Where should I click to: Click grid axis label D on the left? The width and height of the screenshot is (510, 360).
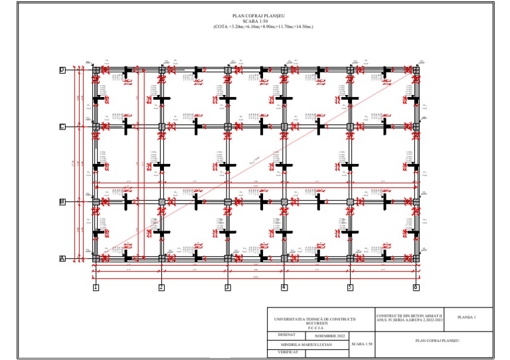tap(62, 70)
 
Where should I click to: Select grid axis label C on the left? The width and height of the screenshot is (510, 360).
tap(62, 126)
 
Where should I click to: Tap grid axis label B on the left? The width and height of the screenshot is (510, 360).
tap(62, 201)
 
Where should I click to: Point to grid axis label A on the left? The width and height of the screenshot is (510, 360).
tap(62, 258)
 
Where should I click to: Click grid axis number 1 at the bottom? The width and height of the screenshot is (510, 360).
tap(96, 288)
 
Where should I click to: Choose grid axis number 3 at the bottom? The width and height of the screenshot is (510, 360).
tap(227, 288)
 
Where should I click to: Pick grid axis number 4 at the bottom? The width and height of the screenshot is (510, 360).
tap(284, 288)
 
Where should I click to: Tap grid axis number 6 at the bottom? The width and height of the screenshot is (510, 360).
tap(416, 288)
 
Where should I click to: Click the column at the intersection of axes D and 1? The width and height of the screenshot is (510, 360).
tap(96, 70)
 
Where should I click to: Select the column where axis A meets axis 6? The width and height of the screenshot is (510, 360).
tap(416, 258)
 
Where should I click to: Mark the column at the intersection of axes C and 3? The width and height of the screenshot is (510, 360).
tap(227, 126)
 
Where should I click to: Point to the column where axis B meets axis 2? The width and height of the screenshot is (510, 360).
tap(161, 201)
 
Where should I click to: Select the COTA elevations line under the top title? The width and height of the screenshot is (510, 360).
tap(263, 27)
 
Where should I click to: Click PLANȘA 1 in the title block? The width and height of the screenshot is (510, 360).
tap(467, 317)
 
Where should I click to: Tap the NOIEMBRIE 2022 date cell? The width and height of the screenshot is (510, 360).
tap(331, 337)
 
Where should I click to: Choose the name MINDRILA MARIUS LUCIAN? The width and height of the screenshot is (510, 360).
tap(305, 345)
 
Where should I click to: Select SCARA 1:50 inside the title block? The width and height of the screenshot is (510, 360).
tap(363, 345)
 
